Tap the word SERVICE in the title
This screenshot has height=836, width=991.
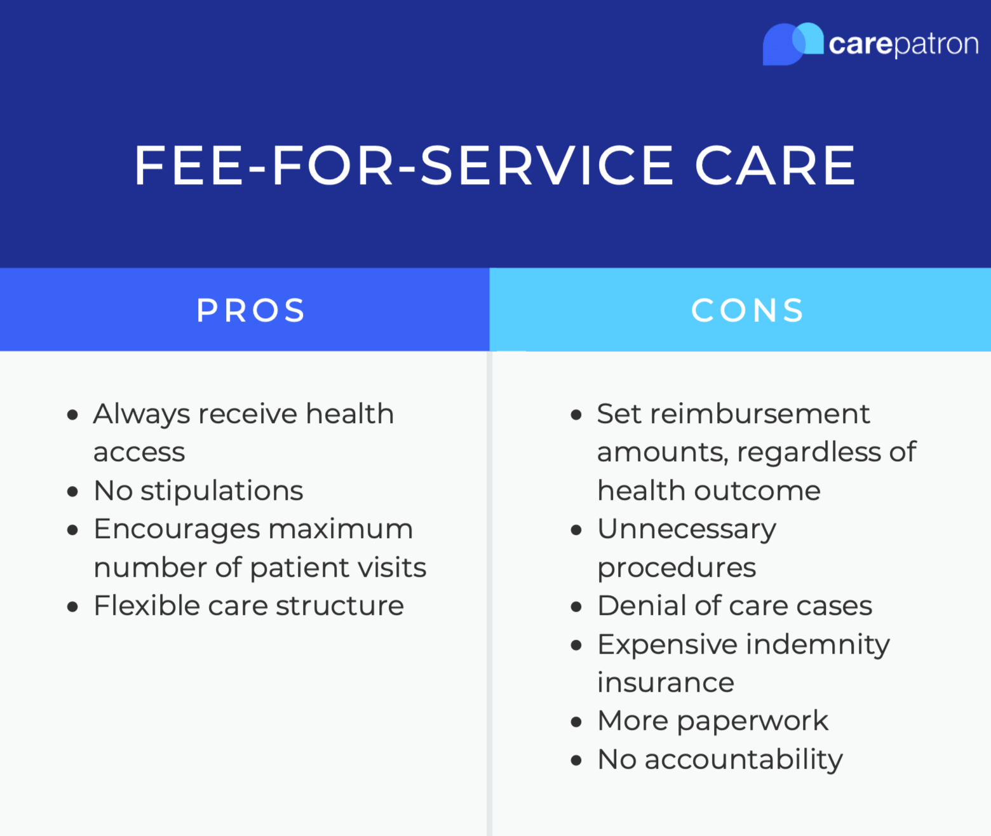pos(546,166)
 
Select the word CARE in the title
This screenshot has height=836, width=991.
pos(775,166)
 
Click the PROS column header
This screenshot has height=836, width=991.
pos(251,311)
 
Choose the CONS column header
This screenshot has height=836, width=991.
pos(748,311)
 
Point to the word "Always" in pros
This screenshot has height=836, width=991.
pos(141,415)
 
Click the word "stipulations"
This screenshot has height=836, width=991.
pos(222,491)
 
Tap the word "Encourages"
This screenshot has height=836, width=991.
pos(177,530)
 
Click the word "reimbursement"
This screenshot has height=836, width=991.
pos(759,414)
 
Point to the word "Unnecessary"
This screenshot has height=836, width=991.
pos(687,530)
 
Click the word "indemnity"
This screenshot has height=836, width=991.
pos(818,645)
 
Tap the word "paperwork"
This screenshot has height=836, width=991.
pos(752,722)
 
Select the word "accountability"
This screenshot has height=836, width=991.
pos(743,760)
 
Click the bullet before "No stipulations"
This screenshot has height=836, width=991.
pos(72,492)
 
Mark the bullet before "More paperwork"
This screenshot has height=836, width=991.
pos(576,722)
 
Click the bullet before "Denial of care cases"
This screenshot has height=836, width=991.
pos(576,607)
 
